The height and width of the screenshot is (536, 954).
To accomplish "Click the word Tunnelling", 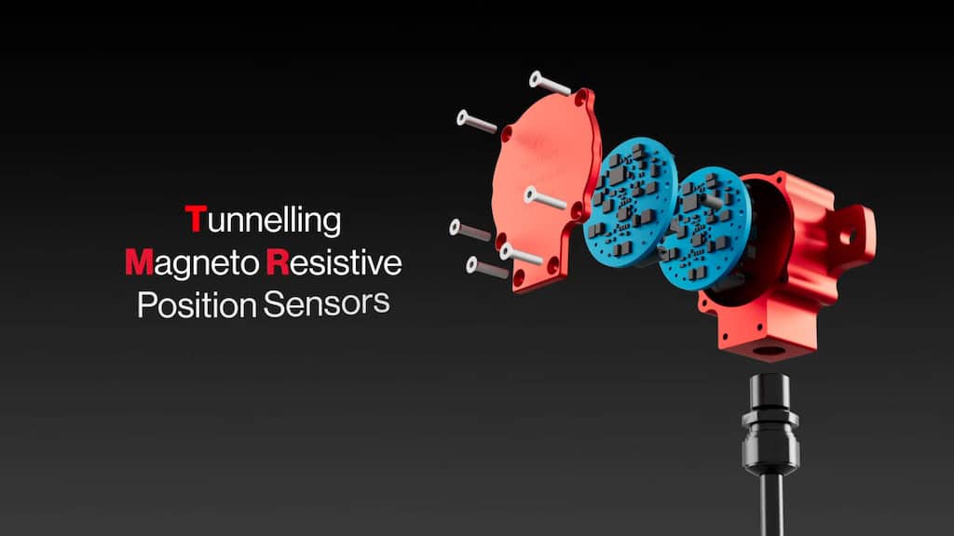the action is click(263, 220).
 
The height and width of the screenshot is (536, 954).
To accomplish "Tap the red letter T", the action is click(195, 218).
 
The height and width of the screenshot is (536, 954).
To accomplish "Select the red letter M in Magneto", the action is click(139, 261).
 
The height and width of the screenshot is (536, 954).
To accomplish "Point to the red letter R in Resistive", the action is click(278, 261).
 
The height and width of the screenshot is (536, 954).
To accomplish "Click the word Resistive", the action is click(334, 261).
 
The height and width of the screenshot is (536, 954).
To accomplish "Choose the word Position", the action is click(197, 304).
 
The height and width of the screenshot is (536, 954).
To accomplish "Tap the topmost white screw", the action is click(550, 83).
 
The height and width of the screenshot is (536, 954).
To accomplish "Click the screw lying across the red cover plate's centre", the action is click(545, 198).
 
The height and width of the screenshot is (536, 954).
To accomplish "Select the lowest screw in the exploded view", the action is click(486, 268).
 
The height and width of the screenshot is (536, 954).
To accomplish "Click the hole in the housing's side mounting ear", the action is click(848, 235).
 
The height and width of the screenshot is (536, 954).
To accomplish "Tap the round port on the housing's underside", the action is click(769, 351).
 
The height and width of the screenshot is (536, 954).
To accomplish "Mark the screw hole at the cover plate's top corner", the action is click(581, 97).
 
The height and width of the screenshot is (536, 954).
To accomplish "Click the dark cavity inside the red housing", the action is click(768, 243).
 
